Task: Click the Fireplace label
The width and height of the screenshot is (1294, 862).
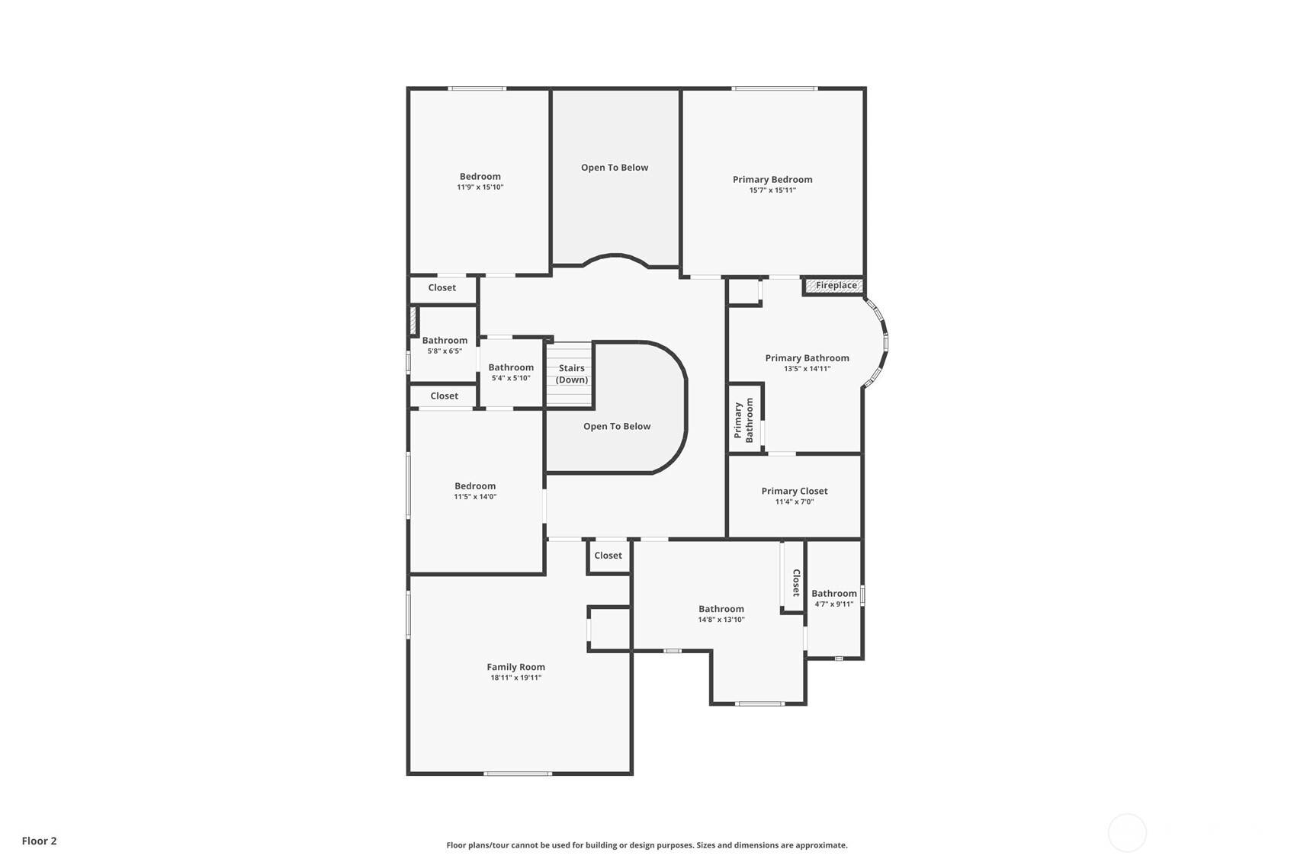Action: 836,286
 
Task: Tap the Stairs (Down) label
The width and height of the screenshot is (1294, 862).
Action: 571,374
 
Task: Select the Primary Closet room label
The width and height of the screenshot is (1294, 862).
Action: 794,492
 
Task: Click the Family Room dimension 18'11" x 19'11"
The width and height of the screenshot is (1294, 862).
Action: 515,678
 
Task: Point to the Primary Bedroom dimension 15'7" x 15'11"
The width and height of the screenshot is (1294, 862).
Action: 772,191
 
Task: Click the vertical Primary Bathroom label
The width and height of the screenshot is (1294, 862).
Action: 743,420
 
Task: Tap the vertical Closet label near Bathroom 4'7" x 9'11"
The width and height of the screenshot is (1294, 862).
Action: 795,582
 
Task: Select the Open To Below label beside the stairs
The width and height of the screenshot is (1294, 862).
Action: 616,427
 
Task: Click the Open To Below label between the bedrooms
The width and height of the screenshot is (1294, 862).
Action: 614,168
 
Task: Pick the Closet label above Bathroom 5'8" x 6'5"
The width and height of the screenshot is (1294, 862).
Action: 442,288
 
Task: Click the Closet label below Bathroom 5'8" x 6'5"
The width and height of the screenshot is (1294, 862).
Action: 444,396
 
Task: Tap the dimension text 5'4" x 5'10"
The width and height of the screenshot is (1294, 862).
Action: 510,378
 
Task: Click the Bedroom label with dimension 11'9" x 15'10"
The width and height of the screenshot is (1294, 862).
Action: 480,177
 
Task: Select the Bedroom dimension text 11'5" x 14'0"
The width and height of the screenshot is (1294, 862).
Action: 474,497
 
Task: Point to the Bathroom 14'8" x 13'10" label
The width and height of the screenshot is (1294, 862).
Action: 721,609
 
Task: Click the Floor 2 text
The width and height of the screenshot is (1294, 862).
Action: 39,841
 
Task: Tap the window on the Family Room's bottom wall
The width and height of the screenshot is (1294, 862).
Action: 518,774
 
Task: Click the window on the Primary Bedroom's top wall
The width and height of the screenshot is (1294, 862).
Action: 774,89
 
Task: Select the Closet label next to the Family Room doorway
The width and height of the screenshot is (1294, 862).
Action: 608,556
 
